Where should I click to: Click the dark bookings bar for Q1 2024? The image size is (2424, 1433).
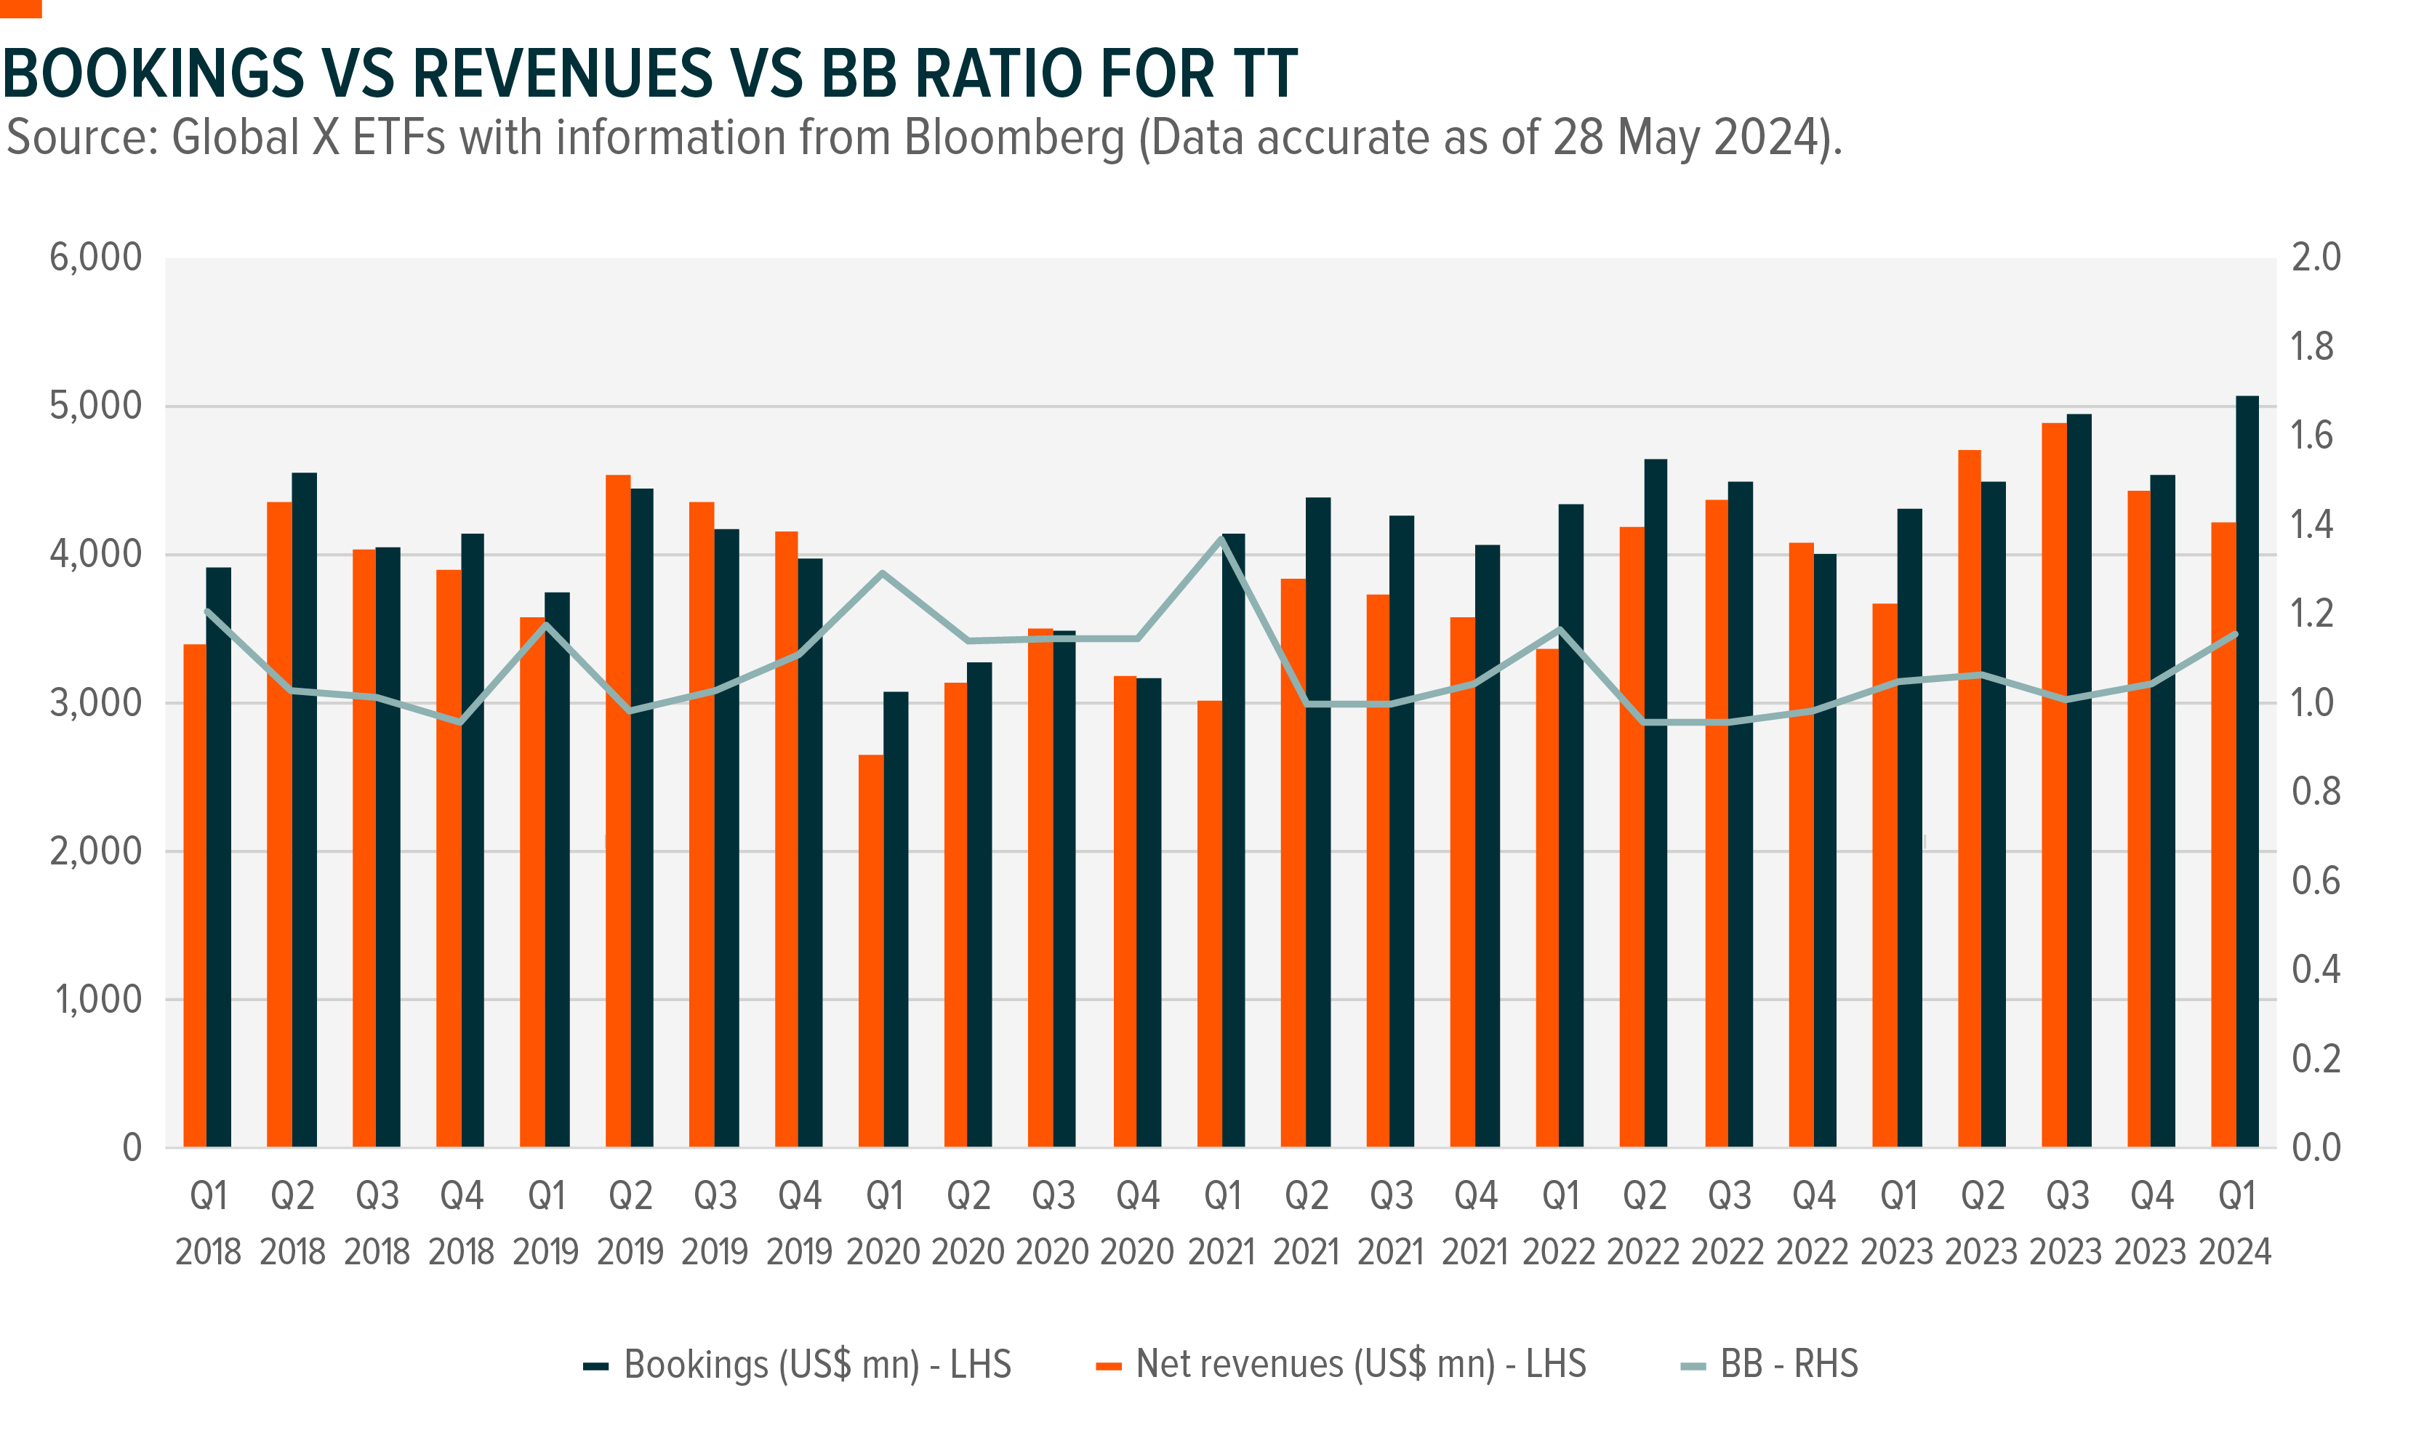point(2247,773)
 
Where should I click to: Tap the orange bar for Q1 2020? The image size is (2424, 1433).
point(871,951)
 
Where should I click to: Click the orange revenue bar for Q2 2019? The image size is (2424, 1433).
point(618,811)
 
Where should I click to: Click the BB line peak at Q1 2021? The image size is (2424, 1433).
point(1222,539)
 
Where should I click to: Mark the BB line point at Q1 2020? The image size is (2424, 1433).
point(883,573)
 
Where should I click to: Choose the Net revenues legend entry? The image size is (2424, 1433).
point(1342,1365)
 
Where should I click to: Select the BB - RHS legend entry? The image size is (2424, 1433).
point(1770,1365)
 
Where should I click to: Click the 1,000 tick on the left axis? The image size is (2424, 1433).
point(97,1000)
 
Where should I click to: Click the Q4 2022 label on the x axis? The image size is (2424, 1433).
point(1813,1224)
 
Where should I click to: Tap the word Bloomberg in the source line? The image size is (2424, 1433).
point(1014,137)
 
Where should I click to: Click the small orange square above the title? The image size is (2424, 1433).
point(20,8)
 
